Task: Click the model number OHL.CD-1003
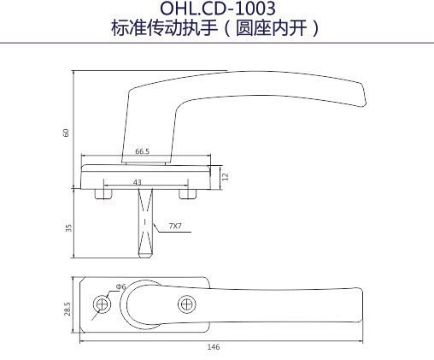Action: [x=218, y=8]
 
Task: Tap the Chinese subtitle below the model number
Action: [x=215, y=28]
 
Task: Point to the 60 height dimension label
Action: [x=66, y=133]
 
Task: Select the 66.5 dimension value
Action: [x=142, y=151]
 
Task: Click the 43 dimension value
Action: [x=138, y=182]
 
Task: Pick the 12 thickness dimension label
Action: [x=225, y=177]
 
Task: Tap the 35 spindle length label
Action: [x=68, y=228]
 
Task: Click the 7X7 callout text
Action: [x=175, y=226]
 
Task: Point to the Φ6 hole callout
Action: [x=120, y=286]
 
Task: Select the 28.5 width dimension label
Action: [x=67, y=309]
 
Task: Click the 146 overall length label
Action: [x=214, y=347]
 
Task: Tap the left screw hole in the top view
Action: [x=102, y=304]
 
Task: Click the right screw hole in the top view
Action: [x=187, y=304]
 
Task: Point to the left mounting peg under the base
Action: [x=103, y=194]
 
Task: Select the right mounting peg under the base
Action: [x=188, y=194]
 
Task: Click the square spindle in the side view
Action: [x=145, y=223]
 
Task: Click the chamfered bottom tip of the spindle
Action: [x=145, y=255]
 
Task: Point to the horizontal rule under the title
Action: [x=217, y=43]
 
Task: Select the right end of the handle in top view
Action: [x=361, y=305]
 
